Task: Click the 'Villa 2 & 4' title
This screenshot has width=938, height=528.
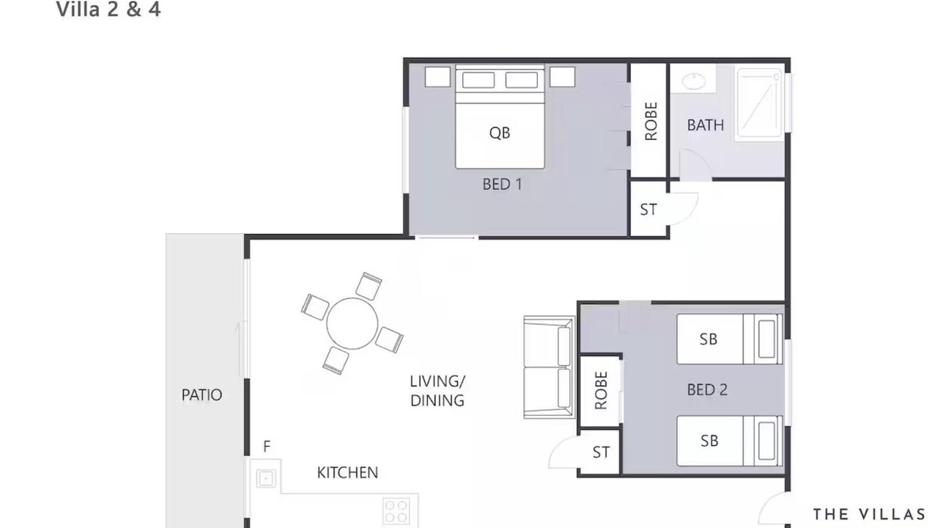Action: (108, 10)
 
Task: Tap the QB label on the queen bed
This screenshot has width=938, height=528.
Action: (500, 133)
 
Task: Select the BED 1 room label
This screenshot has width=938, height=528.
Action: (502, 184)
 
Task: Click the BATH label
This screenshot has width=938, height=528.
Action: (705, 125)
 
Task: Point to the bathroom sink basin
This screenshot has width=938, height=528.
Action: (693, 81)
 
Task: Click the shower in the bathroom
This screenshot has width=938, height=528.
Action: (759, 103)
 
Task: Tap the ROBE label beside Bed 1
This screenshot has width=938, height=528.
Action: (651, 121)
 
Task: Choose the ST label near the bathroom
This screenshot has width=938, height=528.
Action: (649, 209)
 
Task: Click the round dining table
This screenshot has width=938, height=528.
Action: (352, 323)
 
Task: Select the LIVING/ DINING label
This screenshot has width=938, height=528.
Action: (437, 391)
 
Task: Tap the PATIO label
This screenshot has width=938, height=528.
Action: (202, 395)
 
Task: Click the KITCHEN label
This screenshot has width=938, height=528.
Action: (347, 473)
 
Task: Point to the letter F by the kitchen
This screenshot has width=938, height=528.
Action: (267, 447)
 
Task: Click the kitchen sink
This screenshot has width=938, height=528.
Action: (266, 478)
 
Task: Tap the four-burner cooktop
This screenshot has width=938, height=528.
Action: (396, 511)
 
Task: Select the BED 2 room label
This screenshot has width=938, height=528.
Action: (707, 389)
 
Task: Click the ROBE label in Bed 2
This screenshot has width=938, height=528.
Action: (600, 390)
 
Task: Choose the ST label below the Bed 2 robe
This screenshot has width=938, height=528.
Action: (601, 452)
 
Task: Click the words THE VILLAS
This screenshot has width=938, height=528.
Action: (869, 514)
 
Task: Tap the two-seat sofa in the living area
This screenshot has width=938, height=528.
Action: (549, 367)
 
